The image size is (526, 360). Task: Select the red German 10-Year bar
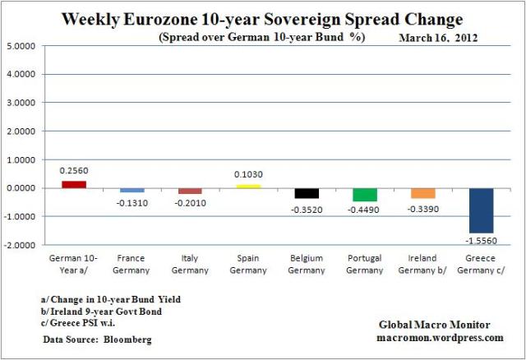point(73,184)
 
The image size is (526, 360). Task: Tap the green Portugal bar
point(365,195)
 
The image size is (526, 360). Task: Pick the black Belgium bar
point(307,193)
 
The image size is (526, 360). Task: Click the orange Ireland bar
point(423,193)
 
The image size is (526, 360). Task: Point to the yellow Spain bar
point(248,186)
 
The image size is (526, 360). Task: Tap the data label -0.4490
point(365,209)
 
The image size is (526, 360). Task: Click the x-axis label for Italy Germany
point(190,265)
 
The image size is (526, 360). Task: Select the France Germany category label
point(131,265)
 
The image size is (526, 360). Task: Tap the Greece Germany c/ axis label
point(481,265)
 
